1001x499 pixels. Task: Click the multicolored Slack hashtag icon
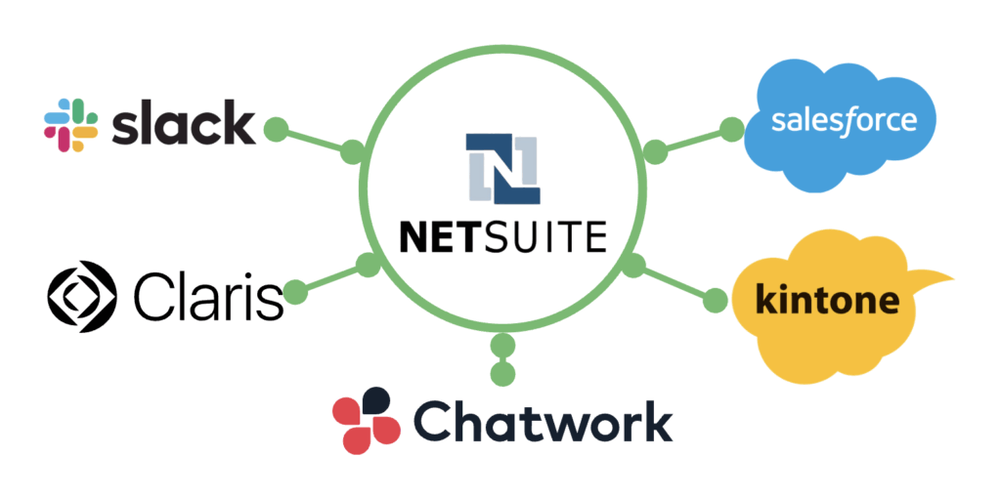71,125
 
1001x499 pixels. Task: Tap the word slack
183,124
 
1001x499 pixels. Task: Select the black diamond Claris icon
82,295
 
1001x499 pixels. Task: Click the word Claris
208,295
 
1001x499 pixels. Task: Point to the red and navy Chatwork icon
367,420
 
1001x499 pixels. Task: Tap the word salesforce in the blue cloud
844,121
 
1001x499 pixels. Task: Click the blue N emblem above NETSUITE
502,168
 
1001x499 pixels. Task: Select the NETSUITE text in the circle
502,235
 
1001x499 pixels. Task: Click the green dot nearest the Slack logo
277,129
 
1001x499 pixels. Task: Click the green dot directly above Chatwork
502,373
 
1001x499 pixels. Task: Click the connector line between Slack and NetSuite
315,141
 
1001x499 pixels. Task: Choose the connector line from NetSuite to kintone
675,283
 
